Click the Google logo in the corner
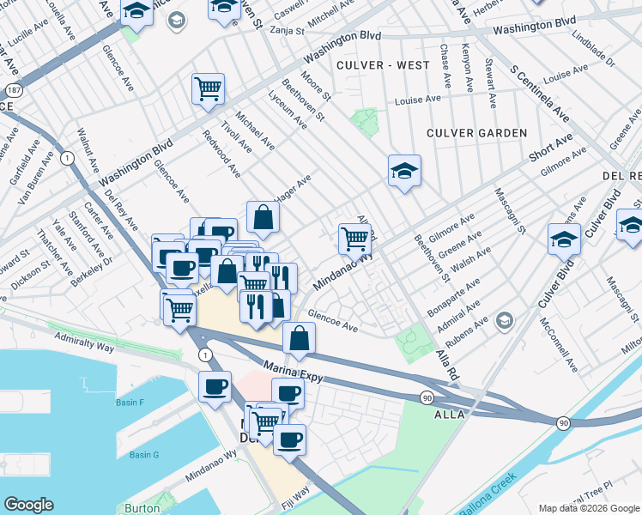(29, 505)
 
